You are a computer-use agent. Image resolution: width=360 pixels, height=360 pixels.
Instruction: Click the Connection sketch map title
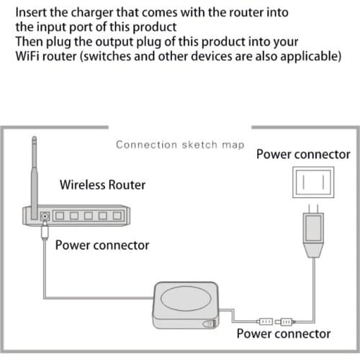click(x=180, y=144)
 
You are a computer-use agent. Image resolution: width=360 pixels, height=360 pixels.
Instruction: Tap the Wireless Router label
click(x=102, y=184)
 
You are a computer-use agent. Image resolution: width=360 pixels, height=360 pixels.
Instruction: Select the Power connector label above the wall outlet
click(x=303, y=154)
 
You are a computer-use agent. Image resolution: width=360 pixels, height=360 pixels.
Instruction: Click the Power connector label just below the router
click(x=102, y=245)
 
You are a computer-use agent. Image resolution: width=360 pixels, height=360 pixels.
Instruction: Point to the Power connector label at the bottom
click(x=284, y=333)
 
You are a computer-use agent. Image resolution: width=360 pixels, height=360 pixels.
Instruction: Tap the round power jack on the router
click(x=45, y=216)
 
